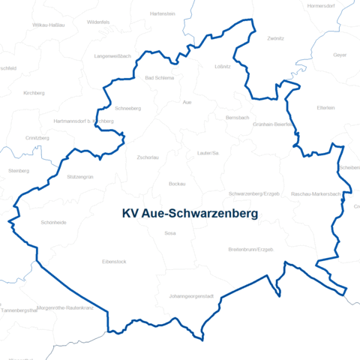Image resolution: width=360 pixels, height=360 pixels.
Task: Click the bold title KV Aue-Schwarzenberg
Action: (190, 214)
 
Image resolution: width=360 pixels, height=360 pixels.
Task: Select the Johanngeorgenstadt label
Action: (191, 296)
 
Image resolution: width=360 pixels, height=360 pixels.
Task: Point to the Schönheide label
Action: (54, 223)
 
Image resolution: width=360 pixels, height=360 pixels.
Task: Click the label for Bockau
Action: (177, 184)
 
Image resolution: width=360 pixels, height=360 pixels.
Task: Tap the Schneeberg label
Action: (128, 108)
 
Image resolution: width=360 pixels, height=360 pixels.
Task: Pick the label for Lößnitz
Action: (222, 67)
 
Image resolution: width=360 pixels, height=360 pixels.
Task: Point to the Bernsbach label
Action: (237, 118)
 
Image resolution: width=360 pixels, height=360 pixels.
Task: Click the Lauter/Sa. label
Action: (208, 153)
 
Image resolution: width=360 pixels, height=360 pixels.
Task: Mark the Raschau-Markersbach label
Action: (316, 193)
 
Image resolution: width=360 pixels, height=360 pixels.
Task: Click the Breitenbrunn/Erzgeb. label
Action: (250, 249)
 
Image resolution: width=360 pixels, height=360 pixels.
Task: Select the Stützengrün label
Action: (80, 177)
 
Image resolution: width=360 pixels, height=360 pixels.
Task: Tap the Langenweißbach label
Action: (113, 56)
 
